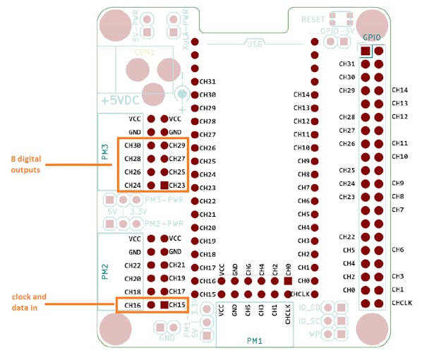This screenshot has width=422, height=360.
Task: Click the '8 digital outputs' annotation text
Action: pyautogui.click(x=26, y=164)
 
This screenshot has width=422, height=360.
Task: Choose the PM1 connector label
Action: pyautogui.click(x=255, y=340)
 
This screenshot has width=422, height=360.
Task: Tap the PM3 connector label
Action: pyautogui.click(x=104, y=152)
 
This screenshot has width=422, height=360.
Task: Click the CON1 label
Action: pyautogui.click(x=145, y=52)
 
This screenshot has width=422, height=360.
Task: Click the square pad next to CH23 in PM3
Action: pyautogui.click(x=164, y=185)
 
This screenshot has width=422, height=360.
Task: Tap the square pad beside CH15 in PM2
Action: pyautogui.click(x=164, y=305)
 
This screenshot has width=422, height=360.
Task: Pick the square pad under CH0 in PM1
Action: pyautogui.click(x=288, y=280)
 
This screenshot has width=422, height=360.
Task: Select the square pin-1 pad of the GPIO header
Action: pyautogui.click(x=365, y=51)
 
